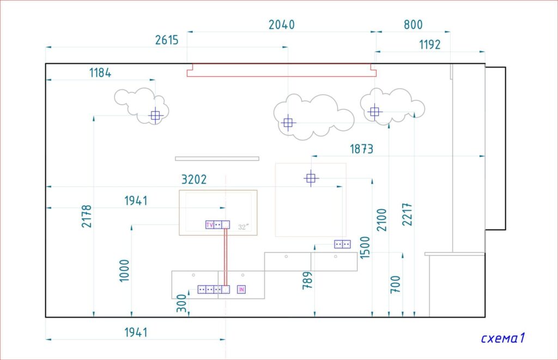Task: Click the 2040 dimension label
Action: pyautogui.click(x=282, y=25)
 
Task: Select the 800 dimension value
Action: pyautogui.click(x=413, y=25)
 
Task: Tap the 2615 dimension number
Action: pyautogui.click(x=167, y=40)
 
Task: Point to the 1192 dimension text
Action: pyautogui.click(x=429, y=45)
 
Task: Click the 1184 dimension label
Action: pyautogui.click(x=100, y=72)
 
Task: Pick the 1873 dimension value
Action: pyautogui.click(x=362, y=149)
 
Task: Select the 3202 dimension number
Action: pyautogui.click(x=194, y=179)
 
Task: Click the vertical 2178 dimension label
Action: pyautogui.click(x=87, y=216)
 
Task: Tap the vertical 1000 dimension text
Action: pyautogui.click(x=124, y=271)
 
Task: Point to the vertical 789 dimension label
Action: pyautogui.click(x=307, y=280)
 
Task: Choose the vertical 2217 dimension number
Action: pyautogui.click(x=407, y=215)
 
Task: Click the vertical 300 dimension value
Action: pyautogui.click(x=181, y=303)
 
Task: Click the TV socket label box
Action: pyautogui.click(x=210, y=225)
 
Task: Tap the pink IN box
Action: pyautogui.click(x=241, y=290)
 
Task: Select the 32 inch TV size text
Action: pyautogui.click(x=244, y=227)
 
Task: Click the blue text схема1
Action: pyautogui.click(x=503, y=338)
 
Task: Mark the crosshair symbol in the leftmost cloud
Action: pyautogui.click(x=155, y=115)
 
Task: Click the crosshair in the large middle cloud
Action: pyautogui.click(x=288, y=123)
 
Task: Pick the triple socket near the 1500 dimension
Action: pyautogui.click(x=342, y=244)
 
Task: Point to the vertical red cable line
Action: pyautogui.click(x=226, y=257)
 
